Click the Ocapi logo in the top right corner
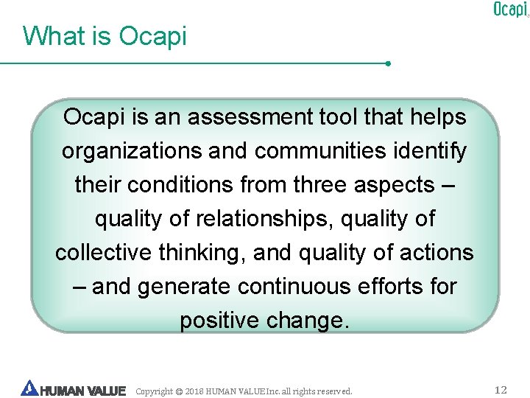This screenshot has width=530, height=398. [509, 10]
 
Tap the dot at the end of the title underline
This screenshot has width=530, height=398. [388, 63]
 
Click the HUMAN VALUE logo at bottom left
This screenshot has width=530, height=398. [74, 390]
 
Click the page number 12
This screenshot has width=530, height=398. [501, 390]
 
